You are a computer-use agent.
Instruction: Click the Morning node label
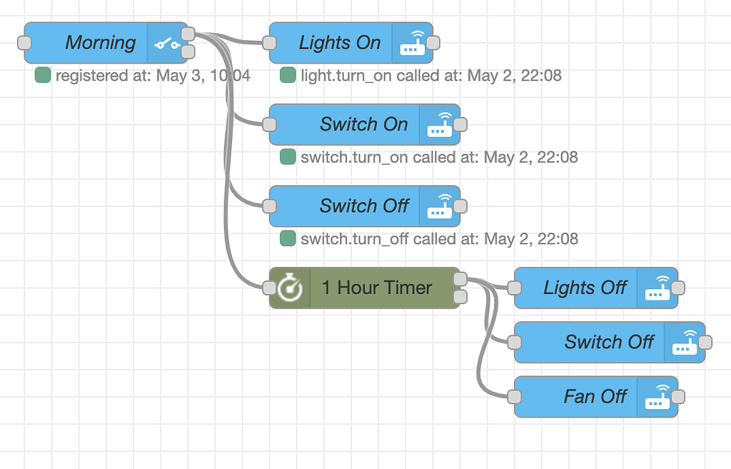pyautogui.click(x=100, y=43)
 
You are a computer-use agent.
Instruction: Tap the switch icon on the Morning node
pyautogui.click(x=167, y=44)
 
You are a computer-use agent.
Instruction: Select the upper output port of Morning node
pyautogui.click(x=188, y=34)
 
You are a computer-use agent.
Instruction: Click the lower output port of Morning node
pyautogui.click(x=188, y=51)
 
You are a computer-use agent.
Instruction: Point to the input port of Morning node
pyautogui.click(x=24, y=43)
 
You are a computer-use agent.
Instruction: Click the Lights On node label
pyautogui.click(x=339, y=43)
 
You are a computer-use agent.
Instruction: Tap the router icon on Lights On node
pyautogui.click(x=412, y=43)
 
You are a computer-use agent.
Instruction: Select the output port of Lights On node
pyautogui.click(x=433, y=43)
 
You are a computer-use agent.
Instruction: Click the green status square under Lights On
pyautogui.click(x=288, y=75)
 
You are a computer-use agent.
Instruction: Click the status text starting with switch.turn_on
pyautogui.click(x=439, y=157)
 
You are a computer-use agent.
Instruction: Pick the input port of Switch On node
pyautogui.click(x=269, y=124)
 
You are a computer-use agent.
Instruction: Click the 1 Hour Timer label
pyautogui.click(x=376, y=288)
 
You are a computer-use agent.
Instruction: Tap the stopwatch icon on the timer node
pyautogui.click(x=290, y=288)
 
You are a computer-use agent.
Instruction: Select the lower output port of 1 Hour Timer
pyautogui.click(x=460, y=297)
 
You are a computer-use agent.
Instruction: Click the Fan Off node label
pyautogui.click(x=595, y=396)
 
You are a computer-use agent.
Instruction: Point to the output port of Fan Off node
pyautogui.click(x=677, y=396)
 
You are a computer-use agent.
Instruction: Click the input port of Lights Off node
pyautogui.click(x=514, y=288)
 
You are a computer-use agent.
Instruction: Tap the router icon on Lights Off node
pyautogui.click(x=657, y=288)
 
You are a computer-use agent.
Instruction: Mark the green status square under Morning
pyautogui.click(x=43, y=75)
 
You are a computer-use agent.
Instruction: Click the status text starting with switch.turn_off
pyautogui.click(x=439, y=238)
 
